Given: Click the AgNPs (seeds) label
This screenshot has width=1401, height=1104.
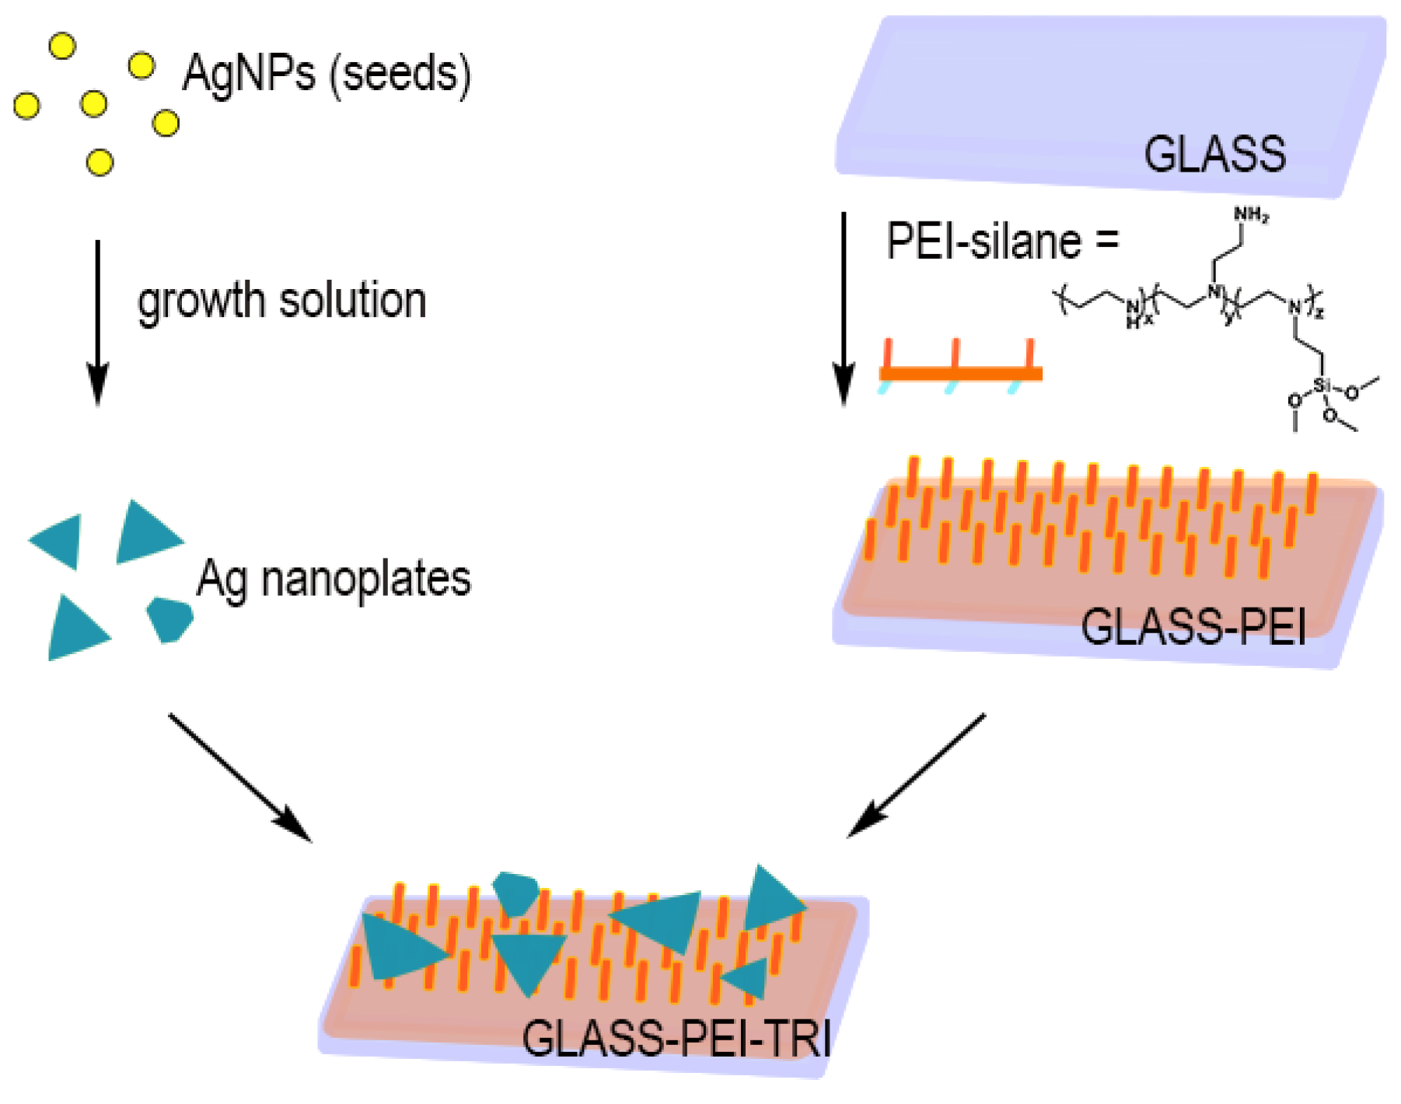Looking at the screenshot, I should (x=327, y=75).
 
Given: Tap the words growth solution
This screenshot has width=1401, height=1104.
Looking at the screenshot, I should (x=281, y=301).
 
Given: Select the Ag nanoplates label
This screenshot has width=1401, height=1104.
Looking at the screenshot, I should (x=334, y=580).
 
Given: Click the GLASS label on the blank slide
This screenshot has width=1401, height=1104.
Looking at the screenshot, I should (x=1214, y=154).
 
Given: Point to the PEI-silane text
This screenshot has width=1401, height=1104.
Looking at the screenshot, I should (x=983, y=242).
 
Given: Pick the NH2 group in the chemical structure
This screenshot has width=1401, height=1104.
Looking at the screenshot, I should (x=1251, y=214).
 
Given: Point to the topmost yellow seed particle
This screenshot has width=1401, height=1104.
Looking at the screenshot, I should (x=62, y=46).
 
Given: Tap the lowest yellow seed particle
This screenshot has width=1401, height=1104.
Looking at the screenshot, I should (x=100, y=162).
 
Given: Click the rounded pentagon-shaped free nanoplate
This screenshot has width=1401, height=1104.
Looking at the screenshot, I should (x=169, y=619).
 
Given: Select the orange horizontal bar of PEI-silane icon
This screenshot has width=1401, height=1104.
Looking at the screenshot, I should (x=960, y=374).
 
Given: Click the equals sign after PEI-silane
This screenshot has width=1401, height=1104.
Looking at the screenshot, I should (x=1107, y=241).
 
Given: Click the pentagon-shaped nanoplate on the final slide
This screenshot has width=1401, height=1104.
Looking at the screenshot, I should (x=515, y=893).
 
